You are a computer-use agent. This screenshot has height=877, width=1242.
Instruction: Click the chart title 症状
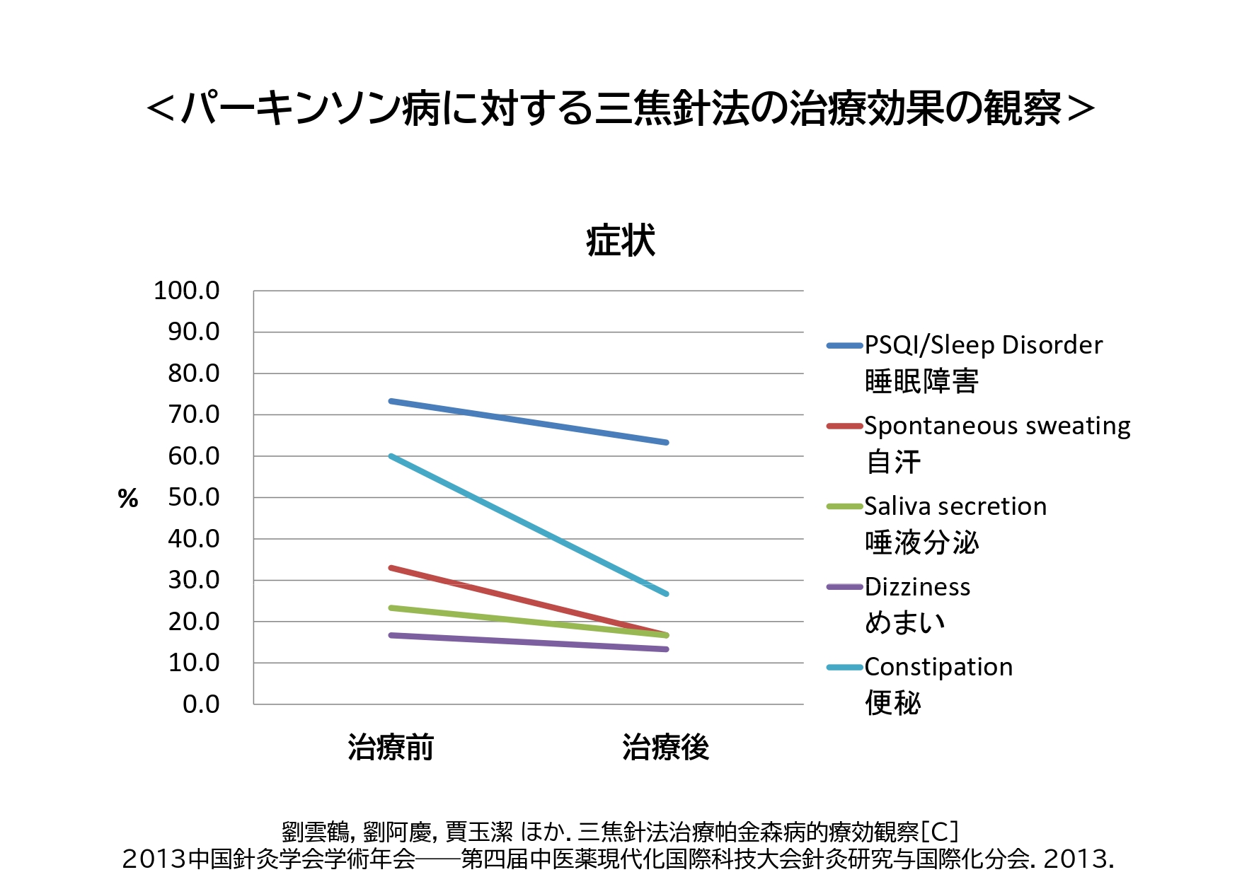pos(621,240)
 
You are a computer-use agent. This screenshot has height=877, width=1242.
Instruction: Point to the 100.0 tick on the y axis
pos(187,291)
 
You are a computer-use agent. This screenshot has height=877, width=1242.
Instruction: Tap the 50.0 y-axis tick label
pos(193,497)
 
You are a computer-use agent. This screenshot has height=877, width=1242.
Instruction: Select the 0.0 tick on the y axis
pos(201,704)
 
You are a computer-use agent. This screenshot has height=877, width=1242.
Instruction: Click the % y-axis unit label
pos(128,499)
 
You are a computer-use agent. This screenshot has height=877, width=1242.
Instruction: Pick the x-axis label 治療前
pos(391,747)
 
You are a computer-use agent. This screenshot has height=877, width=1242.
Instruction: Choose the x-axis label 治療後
pos(665,747)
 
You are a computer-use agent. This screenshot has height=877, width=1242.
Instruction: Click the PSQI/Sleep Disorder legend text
pos(983,345)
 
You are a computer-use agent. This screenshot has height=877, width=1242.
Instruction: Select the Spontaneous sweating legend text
pos(997,426)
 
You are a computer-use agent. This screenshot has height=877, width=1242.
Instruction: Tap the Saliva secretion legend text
pos(955,506)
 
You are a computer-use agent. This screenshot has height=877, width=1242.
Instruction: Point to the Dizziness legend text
pos(917,587)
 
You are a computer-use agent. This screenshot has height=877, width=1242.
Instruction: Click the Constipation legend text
pos(938,667)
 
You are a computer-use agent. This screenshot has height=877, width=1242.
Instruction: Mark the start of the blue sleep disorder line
pos(391,401)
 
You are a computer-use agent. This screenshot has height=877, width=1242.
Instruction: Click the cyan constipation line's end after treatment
pos(666,593)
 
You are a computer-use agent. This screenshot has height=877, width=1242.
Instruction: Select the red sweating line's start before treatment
pos(391,567)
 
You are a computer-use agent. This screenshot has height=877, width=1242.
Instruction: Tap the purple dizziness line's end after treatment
pos(666,649)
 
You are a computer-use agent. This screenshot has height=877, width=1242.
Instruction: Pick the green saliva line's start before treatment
pos(391,608)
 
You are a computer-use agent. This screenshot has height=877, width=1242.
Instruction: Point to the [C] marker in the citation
pos(940,832)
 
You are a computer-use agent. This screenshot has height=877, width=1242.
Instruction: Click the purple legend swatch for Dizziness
pos(844,587)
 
